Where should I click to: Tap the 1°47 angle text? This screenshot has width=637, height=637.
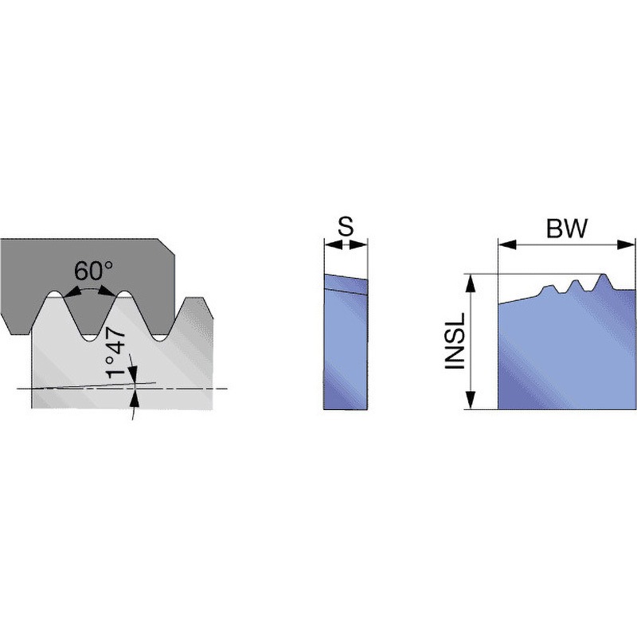120,351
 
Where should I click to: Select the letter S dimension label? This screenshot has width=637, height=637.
345,228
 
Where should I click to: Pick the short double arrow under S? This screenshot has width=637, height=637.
346,246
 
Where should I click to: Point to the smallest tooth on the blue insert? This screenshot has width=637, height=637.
549,287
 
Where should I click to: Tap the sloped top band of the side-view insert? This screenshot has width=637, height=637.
346,283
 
